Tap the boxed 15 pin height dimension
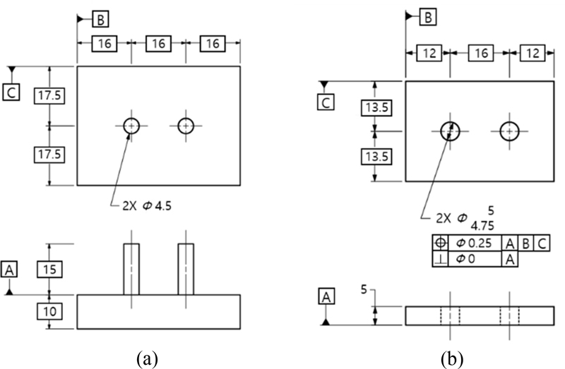[48, 270]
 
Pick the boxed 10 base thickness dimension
[48, 311]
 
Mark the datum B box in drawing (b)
[428, 17]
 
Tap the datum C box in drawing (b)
[326, 102]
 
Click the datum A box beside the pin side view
[11, 269]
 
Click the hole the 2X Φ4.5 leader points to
[131, 126]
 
